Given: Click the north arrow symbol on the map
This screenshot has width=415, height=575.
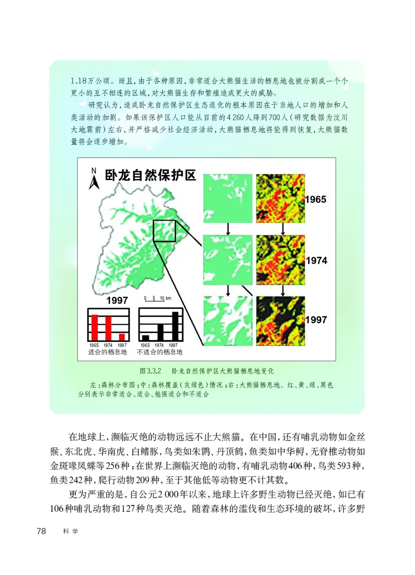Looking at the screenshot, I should pyautogui.click(x=94, y=179).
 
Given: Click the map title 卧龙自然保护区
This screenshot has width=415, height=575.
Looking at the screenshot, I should pyautogui.click(x=150, y=175).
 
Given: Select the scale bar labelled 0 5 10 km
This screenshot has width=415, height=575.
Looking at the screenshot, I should pyautogui.click(x=154, y=299).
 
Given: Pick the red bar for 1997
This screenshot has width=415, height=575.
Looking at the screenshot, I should pyautogui.click(x=122, y=337).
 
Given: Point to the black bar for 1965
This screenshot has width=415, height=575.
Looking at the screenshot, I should pyautogui.click(x=145, y=337).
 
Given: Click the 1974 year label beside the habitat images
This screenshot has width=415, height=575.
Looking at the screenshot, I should pyautogui.click(x=316, y=261).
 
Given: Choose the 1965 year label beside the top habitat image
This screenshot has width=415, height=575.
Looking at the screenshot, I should pyautogui.click(x=316, y=199).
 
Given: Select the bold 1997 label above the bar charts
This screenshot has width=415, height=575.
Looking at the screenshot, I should pyautogui.click(x=117, y=301).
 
